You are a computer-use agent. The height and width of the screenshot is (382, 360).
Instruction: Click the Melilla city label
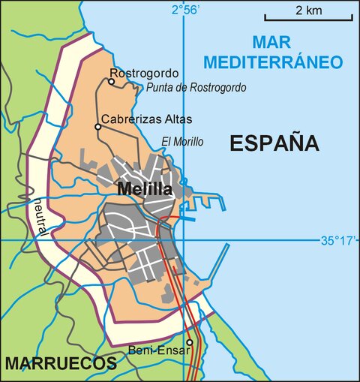(x=145, y=189)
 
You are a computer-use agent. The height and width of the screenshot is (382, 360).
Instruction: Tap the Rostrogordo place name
(x=144, y=74)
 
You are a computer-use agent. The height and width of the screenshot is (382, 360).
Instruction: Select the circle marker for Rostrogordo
(x=112, y=81)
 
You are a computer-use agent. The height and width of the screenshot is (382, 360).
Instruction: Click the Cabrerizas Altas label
(x=146, y=119)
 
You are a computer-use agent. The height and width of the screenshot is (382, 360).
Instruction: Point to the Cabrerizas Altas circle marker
(x=97, y=127)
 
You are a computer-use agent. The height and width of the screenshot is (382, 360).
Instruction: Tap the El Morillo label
(x=182, y=142)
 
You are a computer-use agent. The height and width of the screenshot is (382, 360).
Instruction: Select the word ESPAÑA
(x=274, y=143)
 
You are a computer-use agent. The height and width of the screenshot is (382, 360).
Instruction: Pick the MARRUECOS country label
(x=60, y=364)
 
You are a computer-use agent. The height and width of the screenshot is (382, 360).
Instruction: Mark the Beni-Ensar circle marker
(x=190, y=342)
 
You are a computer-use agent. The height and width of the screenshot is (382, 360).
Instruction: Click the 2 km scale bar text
(x=308, y=11)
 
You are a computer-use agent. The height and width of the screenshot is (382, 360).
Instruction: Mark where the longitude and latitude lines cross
(x=183, y=240)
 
